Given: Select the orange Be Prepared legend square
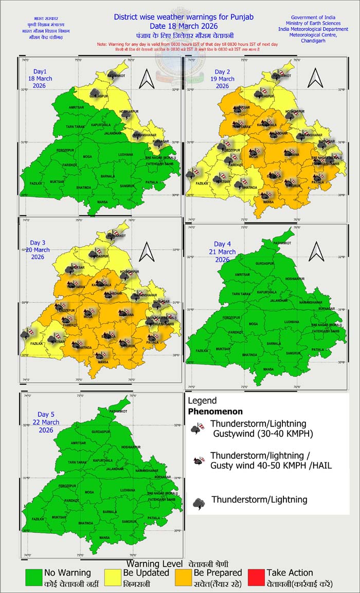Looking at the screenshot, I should [x=184, y=578].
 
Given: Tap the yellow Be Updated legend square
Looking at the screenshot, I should [x=112, y=578].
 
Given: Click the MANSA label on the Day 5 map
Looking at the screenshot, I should [x=104, y=538].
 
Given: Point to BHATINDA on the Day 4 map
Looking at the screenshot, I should [x=249, y=355].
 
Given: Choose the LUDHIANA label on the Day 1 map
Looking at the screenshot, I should [x=125, y=154].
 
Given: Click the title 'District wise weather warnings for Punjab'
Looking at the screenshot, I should [x=184, y=17].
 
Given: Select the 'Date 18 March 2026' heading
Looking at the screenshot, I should [x=184, y=26].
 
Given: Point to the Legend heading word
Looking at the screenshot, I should [x=202, y=401].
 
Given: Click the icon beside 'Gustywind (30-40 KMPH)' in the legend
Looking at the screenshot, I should [x=196, y=429].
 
